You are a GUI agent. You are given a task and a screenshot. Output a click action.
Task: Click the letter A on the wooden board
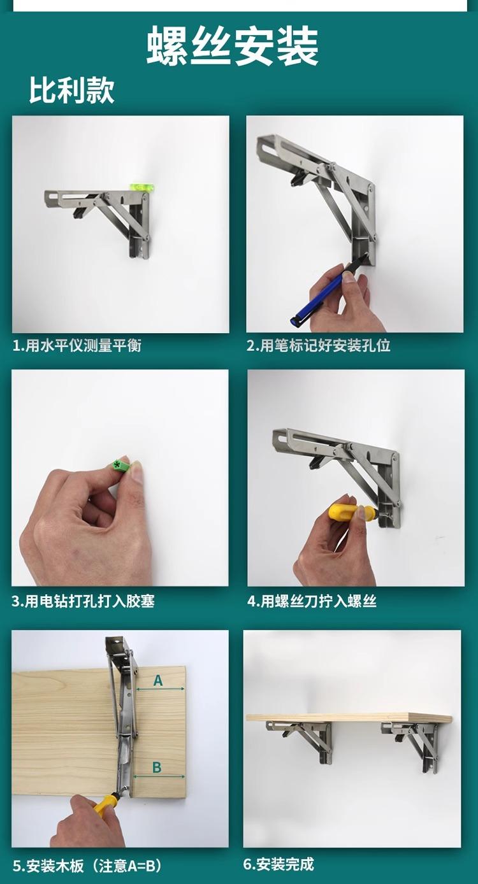[x=158, y=680]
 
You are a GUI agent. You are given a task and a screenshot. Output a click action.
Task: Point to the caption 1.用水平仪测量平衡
[x=77, y=346]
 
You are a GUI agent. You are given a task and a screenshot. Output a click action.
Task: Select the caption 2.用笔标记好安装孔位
[x=319, y=346]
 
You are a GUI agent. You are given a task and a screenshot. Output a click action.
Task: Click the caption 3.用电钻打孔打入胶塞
[x=83, y=601]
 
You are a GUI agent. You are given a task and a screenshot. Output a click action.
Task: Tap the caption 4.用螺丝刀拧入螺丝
[x=312, y=601]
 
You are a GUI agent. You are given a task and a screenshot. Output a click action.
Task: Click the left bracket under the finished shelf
[x=301, y=738]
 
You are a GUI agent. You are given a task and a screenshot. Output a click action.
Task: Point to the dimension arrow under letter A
[x=161, y=689]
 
